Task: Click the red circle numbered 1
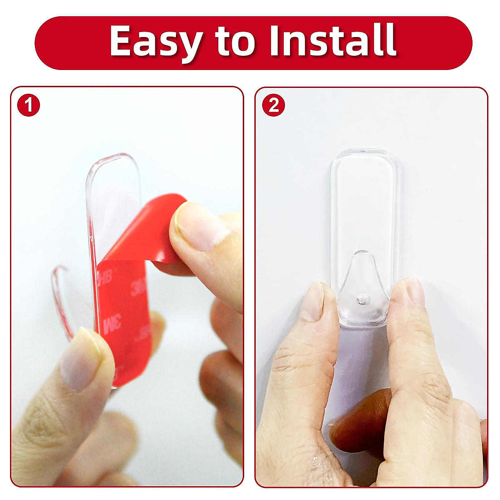28,105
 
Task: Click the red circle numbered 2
273,105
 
